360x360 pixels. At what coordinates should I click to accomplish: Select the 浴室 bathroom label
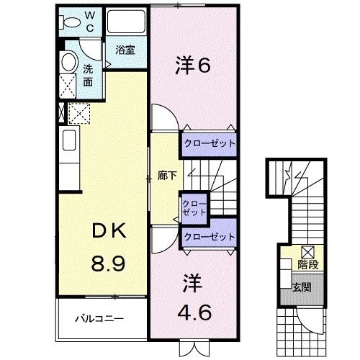pos(125,50)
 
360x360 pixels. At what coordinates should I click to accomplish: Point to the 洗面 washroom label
pos(88,75)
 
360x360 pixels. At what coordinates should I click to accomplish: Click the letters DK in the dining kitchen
pos(109,232)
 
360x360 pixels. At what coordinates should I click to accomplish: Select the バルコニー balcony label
pos(100,317)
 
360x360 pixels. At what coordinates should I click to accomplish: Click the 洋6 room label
pos(192,66)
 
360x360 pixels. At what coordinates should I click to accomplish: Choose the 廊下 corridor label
pos(167,175)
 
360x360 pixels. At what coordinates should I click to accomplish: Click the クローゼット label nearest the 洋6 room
pos(210,143)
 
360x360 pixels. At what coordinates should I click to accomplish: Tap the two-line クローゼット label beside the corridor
pos(194,209)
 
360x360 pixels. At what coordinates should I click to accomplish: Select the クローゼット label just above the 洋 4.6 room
pos(210,237)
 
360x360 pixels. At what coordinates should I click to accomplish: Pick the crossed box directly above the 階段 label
pos(307,251)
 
